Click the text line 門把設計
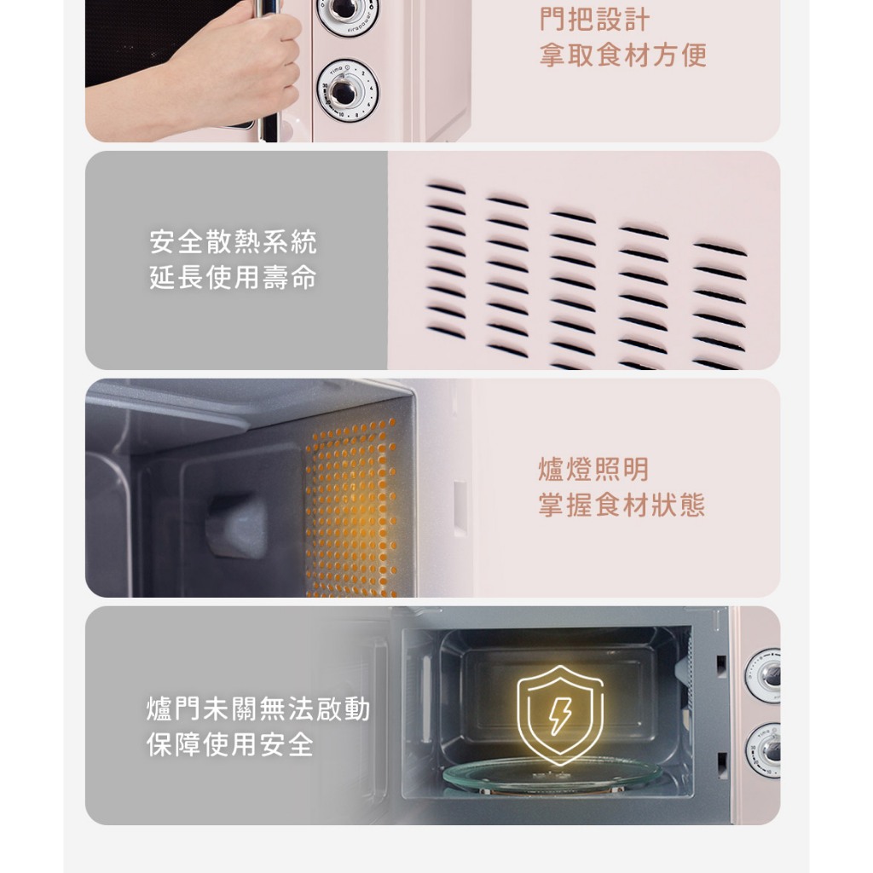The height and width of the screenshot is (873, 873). (594, 20)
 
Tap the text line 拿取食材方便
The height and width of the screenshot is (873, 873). (623, 55)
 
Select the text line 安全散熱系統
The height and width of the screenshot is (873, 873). (234, 241)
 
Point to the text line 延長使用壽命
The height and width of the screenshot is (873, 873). (234, 277)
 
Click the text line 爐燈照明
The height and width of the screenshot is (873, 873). (593, 470)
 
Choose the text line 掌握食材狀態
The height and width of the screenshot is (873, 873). (622, 505)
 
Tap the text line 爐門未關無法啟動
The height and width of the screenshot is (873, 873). (258, 709)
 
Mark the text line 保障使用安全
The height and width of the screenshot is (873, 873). (230, 745)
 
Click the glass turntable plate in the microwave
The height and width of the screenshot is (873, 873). (552, 774)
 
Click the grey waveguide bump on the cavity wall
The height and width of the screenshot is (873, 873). (236, 525)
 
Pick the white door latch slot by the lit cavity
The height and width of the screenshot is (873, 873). (460, 508)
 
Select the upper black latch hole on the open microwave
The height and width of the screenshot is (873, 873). (721, 667)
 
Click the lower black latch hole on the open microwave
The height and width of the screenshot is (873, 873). (722, 766)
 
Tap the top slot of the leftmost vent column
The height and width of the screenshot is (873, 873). (446, 188)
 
